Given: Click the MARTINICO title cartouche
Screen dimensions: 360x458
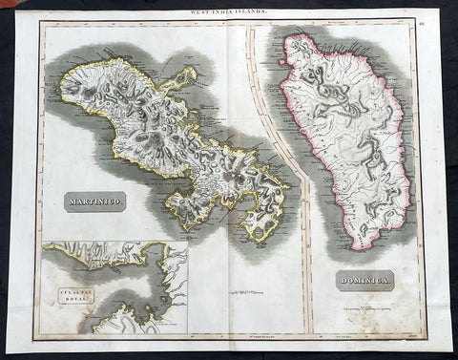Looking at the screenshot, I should (95, 201).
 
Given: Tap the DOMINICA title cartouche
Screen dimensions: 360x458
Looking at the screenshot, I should (364, 280).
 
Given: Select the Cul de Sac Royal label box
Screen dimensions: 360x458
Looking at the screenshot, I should (67, 293).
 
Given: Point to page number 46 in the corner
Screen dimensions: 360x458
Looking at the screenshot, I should (421, 19).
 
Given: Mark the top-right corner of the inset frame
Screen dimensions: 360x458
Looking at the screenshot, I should (188, 242).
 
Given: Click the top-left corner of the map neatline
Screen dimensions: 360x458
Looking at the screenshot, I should (39, 22).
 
